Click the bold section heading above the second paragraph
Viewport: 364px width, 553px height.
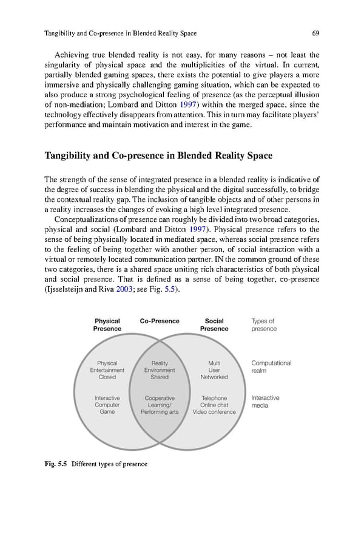click(x=158, y=156)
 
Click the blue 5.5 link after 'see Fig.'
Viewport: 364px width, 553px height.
click(x=172, y=290)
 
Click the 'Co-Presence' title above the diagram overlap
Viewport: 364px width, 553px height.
click(x=160, y=321)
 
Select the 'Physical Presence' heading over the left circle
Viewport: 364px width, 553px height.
click(x=107, y=325)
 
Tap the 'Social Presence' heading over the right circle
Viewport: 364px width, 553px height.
click(x=214, y=325)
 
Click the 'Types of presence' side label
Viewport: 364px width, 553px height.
click(x=264, y=325)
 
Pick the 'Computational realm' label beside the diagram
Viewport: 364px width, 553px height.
click(x=271, y=367)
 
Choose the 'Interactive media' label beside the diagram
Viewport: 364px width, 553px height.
click(x=265, y=402)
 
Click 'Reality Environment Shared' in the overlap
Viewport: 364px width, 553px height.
click(x=160, y=370)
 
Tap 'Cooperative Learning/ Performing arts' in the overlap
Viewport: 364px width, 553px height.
click(x=160, y=405)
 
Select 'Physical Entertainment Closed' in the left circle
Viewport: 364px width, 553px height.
click(x=107, y=370)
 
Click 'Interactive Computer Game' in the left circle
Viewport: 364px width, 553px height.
click(x=107, y=405)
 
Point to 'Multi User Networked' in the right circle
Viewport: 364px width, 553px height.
click(x=214, y=370)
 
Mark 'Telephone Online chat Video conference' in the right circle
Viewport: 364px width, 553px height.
click(x=214, y=405)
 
